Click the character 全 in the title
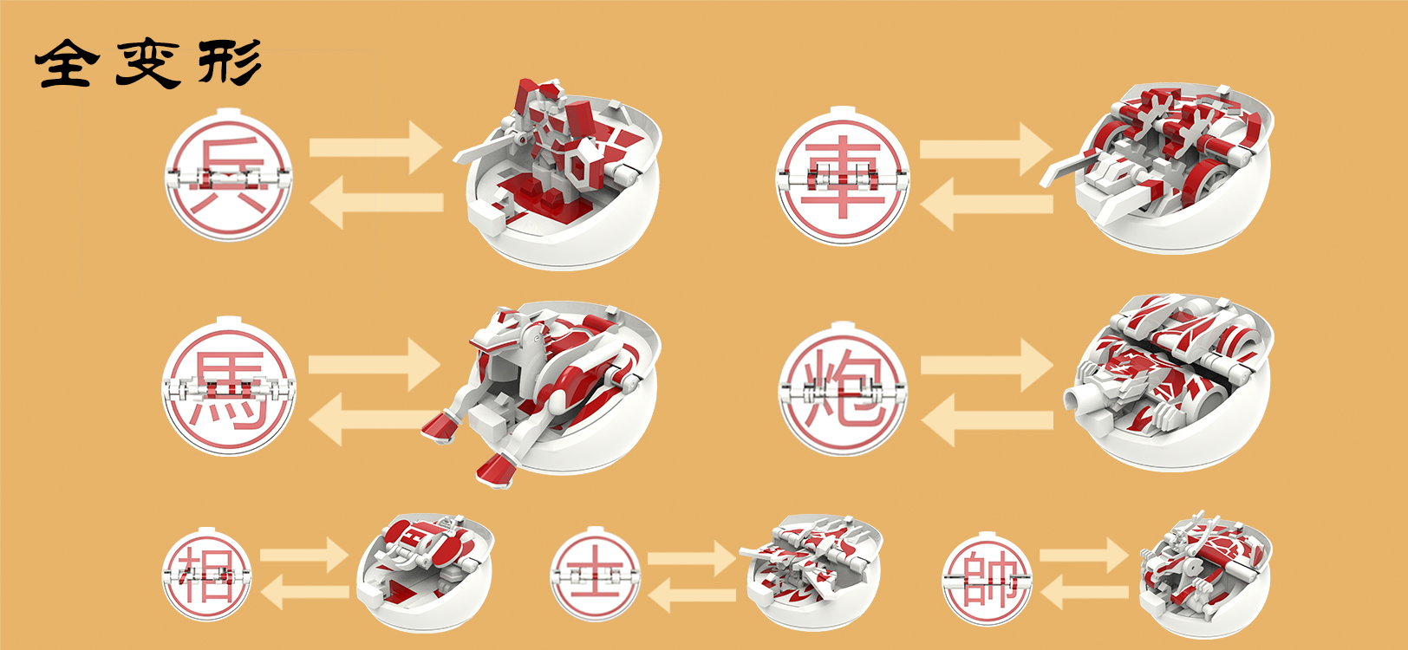point(64,63)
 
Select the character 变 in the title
point(147,62)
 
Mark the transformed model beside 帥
point(1205,572)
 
